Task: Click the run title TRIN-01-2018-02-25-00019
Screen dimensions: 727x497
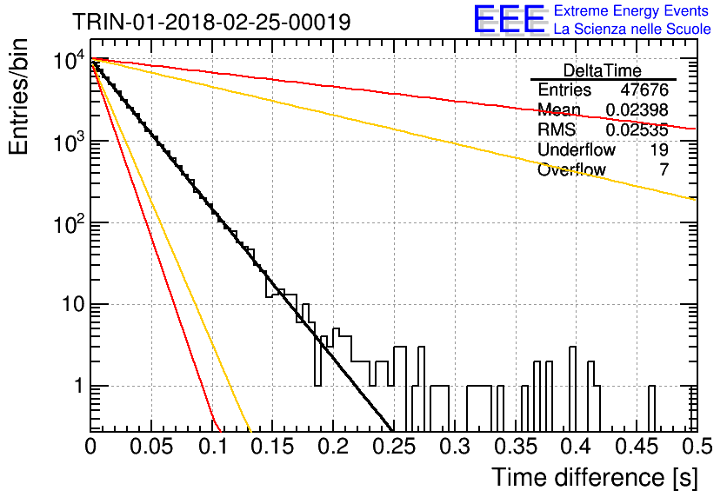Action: [x=211, y=22]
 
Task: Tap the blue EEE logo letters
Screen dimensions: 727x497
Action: [x=509, y=19]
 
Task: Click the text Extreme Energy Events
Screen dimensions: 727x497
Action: [x=631, y=10]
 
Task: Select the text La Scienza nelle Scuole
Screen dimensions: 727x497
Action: [x=632, y=29]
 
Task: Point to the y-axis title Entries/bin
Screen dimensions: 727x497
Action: [x=18, y=96]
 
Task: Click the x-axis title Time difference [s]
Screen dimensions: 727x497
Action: [x=595, y=477]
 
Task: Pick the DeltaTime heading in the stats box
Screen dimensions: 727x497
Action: [x=603, y=70]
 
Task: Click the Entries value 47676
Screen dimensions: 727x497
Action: [x=644, y=89]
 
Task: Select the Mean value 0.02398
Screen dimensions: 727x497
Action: [x=637, y=110]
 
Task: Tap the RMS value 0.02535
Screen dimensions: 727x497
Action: [x=637, y=130]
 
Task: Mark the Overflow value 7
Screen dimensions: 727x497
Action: [x=664, y=170]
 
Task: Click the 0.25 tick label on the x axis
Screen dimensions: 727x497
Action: [x=395, y=447]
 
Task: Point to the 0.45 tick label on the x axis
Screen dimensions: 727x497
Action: [x=637, y=447]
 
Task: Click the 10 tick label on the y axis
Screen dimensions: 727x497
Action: [x=73, y=304]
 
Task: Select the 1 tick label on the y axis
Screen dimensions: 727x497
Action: [x=79, y=386]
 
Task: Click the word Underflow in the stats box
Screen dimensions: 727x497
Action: [x=577, y=150]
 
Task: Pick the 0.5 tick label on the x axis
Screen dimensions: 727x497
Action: [x=697, y=447]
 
